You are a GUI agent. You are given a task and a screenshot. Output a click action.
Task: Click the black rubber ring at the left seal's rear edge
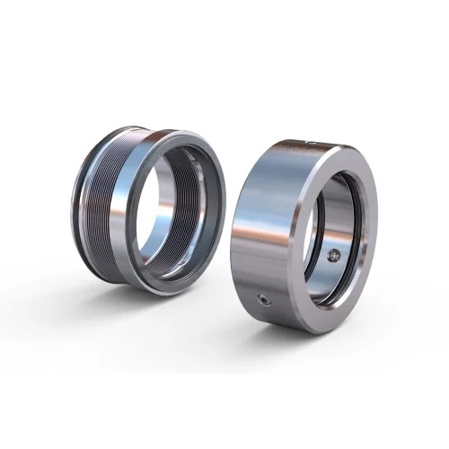click(79, 207)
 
